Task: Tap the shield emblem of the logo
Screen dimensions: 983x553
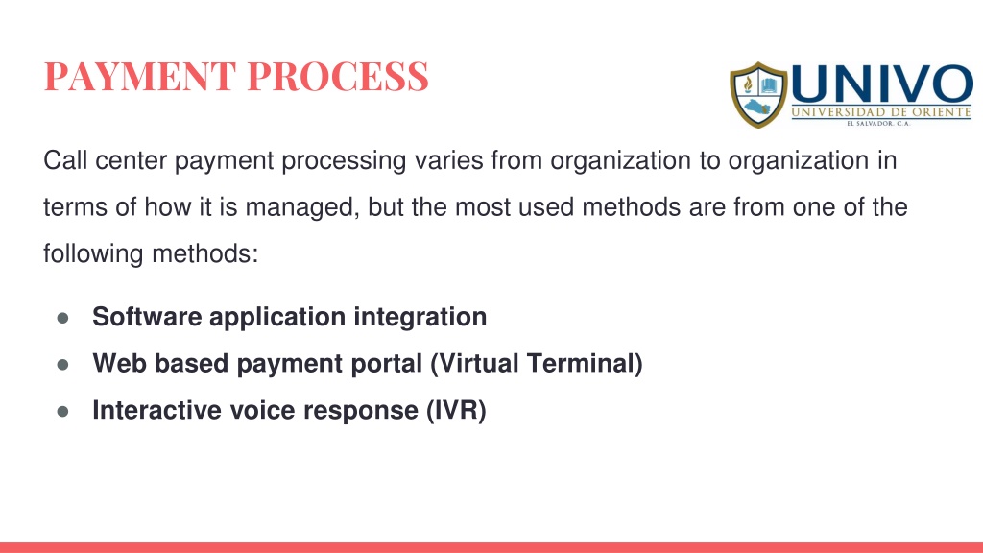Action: pos(758,95)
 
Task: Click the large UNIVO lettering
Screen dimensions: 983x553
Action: pos(882,84)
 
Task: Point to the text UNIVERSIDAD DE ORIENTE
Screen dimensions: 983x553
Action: pos(881,112)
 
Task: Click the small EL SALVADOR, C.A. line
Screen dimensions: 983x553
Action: pos(878,124)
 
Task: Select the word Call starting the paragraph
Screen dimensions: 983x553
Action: pos(65,160)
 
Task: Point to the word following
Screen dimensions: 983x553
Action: pos(93,254)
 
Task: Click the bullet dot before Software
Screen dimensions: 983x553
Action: pos(62,318)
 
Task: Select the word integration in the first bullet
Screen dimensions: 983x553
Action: pos(420,317)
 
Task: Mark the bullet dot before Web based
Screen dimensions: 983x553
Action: pos(62,365)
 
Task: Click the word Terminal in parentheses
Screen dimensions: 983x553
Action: pos(581,364)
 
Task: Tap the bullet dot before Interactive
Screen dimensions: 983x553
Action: pos(62,412)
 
